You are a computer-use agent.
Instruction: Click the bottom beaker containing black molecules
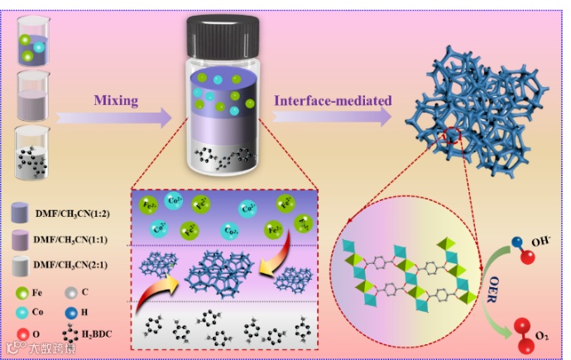[x=33, y=152]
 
